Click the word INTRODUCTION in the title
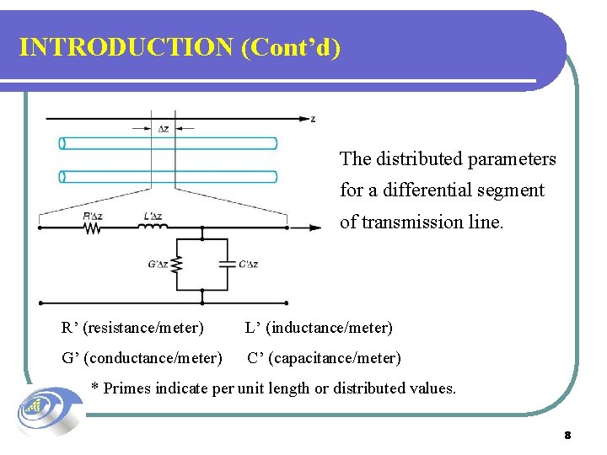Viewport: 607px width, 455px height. pos(126,47)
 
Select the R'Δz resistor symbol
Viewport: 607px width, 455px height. pos(92,227)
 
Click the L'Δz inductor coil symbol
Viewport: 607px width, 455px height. pos(153,227)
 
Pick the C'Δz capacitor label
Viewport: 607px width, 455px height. pos(248,265)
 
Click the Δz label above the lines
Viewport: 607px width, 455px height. pos(164,129)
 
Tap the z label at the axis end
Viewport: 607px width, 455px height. pos(313,119)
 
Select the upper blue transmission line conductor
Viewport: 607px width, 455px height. pos(169,143)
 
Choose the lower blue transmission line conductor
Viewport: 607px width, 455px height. pos(169,177)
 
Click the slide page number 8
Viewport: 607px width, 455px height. pos(567,436)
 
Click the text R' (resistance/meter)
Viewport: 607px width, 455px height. pos(132,327)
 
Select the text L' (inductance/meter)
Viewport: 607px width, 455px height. pos(319,327)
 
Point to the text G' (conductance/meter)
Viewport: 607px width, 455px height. pos(142,358)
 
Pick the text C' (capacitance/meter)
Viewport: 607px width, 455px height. pos(324,358)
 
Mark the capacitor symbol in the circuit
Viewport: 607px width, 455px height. pos(225,264)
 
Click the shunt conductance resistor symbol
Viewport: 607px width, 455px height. pos(177,265)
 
